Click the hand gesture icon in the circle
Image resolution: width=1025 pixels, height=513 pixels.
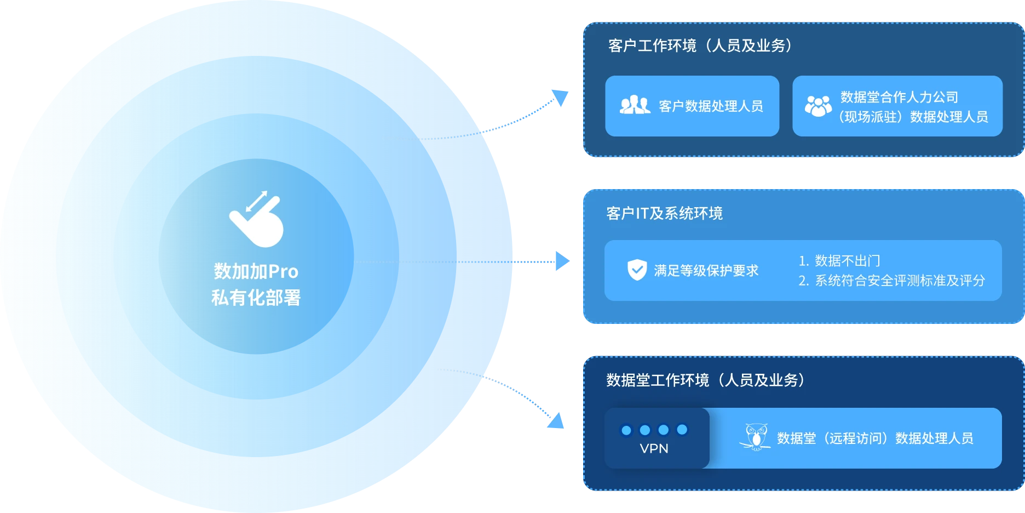[256, 220]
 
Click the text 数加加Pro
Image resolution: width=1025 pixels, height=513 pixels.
[256, 271]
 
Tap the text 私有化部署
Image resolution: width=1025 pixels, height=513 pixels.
[256, 298]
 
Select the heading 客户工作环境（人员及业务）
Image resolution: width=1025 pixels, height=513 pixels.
[700, 45]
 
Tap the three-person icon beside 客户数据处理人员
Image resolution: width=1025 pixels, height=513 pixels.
[635, 105]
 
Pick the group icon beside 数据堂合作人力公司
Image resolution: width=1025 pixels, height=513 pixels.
[818, 106]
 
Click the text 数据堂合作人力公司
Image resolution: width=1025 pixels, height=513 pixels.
[899, 97]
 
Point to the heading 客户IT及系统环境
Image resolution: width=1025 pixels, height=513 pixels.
[664, 213]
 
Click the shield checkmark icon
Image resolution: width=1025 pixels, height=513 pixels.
[637, 270]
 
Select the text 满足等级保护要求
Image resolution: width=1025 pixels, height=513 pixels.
[706, 270]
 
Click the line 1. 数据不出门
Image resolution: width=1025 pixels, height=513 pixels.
[839, 261]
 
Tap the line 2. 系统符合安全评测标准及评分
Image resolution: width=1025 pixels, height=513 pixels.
[891, 281]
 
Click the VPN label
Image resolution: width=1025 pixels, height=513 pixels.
[654, 448]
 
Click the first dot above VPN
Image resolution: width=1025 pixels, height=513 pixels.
[626, 430]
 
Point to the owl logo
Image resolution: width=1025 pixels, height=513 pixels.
[756, 437]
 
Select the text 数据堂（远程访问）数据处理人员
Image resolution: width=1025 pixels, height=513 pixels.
[875, 438]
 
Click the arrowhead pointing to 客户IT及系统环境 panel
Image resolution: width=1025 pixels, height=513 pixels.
[562, 261]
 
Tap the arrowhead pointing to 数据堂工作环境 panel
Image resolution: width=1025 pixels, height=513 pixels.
[556, 419]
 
